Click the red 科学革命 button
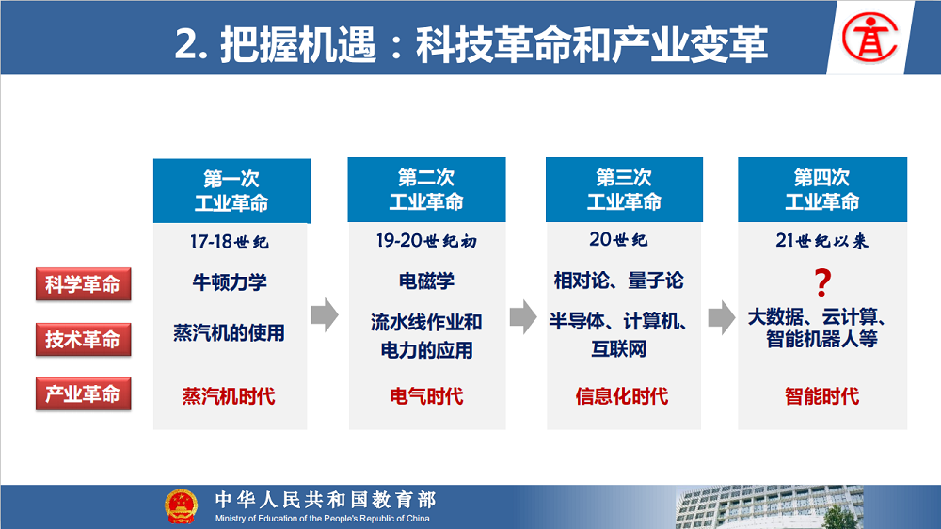click(84, 284)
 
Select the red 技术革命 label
click(84, 339)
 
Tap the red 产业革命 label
click(84, 393)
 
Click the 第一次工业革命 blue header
click(231, 191)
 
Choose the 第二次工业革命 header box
click(426, 190)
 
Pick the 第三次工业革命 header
click(624, 190)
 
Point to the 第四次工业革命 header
click(822, 190)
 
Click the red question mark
click(822, 282)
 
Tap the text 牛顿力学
click(230, 281)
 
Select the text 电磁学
click(426, 281)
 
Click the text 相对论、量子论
click(619, 281)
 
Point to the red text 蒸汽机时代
click(229, 396)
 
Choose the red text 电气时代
click(426, 396)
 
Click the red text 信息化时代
click(622, 396)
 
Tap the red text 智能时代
click(822, 396)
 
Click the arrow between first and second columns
click(326, 314)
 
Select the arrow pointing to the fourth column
click(722, 317)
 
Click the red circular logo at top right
click(869, 38)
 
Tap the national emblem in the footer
click(182, 506)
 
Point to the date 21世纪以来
click(822, 241)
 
